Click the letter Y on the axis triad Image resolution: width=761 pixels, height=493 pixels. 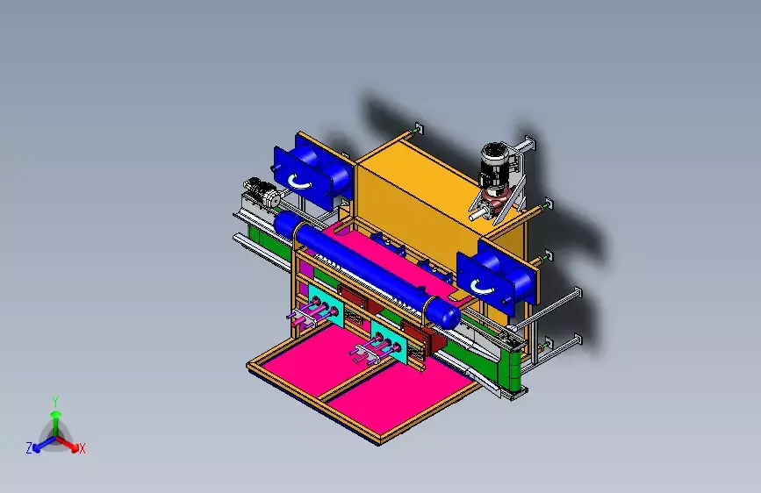tap(55, 402)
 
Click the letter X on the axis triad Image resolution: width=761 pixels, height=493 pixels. tap(82, 449)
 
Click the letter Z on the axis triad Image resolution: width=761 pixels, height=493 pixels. tap(29, 448)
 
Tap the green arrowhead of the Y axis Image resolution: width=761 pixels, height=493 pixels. tap(56, 414)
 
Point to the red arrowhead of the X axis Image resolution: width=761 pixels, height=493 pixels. tap(75, 447)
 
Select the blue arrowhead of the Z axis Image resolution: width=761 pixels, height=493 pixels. tap(36, 449)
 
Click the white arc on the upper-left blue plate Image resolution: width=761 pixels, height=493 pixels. tap(299, 182)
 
